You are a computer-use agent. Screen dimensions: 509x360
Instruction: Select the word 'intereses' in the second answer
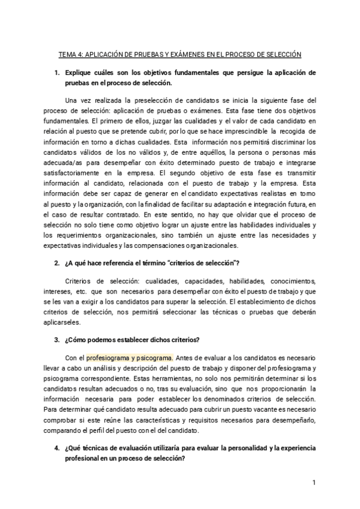[78, 291]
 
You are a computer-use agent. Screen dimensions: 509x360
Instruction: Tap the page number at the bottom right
[314, 483]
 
